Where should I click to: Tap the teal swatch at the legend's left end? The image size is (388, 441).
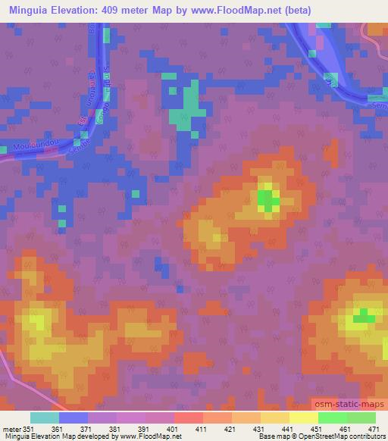[44, 418]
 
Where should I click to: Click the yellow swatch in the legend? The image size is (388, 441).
[303, 418]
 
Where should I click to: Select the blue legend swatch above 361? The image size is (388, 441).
[74, 418]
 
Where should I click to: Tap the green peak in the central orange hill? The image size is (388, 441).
[267, 200]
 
